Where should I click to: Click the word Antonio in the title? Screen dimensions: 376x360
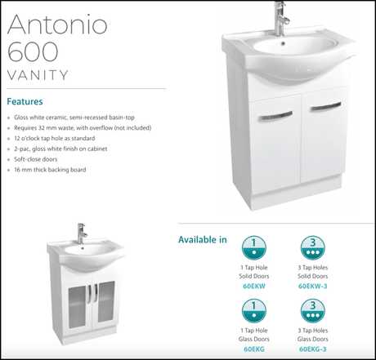coord(57,24)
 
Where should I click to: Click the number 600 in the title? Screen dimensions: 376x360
coord(33,51)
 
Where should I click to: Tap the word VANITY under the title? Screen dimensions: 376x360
coord(38,75)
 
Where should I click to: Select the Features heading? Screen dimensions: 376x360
coord(25,101)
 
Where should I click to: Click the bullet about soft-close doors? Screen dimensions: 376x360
coord(36,159)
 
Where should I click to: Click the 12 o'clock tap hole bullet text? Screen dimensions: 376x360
coord(55,138)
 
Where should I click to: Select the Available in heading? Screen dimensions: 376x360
coord(203,239)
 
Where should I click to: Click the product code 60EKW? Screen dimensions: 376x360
coord(254,287)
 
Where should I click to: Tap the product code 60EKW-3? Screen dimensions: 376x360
coord(313,287)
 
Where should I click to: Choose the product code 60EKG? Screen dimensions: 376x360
coord(254,349)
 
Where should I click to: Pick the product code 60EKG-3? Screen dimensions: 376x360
coord(313,349)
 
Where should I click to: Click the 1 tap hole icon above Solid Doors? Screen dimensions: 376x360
coord(254,248)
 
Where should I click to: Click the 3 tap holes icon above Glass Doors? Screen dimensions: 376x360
coord(313,311)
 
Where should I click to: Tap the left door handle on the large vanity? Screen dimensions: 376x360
coord(275,116)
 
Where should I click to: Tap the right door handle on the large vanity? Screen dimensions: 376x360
coord(326,107)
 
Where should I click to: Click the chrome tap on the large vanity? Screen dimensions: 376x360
coord(280,18)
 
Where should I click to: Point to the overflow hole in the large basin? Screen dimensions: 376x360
coord(283,43)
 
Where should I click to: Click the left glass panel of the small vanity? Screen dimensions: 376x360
coord(77,308)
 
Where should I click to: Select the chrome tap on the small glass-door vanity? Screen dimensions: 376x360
coord(81,233)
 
